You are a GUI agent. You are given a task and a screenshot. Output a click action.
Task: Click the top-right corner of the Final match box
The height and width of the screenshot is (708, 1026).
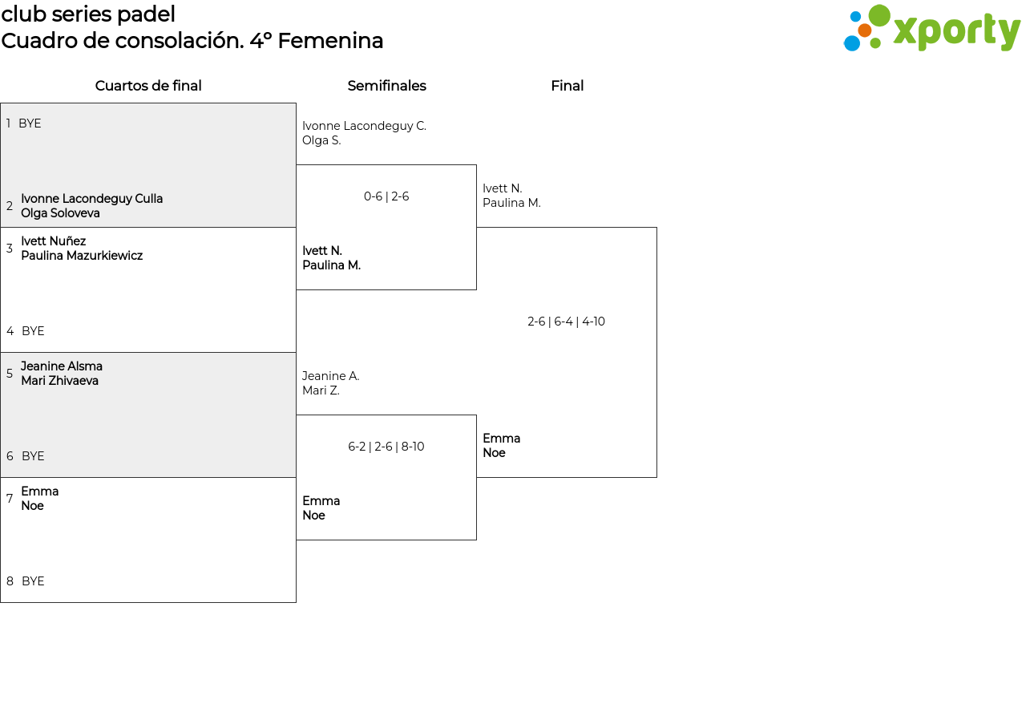656,227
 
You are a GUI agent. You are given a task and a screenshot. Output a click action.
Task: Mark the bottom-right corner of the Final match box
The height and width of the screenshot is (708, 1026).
656,477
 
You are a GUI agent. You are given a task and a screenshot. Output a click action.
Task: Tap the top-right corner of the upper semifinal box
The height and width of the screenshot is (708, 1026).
476,165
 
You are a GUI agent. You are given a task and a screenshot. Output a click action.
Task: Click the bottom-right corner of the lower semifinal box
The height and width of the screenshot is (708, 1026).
476,540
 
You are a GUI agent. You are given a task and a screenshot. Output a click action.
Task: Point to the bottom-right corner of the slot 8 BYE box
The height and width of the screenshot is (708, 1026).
296,602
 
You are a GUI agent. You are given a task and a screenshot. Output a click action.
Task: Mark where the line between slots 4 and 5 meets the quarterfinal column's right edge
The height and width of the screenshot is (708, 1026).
296,352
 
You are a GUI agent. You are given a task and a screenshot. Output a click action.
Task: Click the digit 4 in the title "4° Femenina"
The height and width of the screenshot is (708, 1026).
256,41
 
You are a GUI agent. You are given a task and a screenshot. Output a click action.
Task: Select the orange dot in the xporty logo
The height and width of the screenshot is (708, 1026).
864,30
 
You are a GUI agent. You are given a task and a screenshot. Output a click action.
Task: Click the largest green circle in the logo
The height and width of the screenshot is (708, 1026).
879,15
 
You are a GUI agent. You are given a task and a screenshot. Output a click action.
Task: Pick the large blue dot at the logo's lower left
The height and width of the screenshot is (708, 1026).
852,43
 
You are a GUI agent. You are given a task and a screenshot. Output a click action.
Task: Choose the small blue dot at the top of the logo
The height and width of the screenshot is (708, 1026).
855,17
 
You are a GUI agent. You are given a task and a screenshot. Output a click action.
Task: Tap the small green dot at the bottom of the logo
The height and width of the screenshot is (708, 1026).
875,43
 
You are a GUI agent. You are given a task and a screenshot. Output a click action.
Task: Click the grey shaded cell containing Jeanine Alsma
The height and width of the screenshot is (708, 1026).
148,415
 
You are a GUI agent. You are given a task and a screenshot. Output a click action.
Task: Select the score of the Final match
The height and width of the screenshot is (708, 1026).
566,322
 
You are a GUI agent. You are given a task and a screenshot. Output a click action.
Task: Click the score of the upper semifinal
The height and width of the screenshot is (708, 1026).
386,196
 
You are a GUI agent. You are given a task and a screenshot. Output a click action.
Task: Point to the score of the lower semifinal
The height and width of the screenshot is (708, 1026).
386,447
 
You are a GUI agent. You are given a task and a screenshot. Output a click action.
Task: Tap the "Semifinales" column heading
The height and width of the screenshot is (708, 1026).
386,86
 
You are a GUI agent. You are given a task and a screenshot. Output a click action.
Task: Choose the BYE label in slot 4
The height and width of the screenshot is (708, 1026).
33,331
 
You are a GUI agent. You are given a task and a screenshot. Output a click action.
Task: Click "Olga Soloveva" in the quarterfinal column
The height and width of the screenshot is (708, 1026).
60,213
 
